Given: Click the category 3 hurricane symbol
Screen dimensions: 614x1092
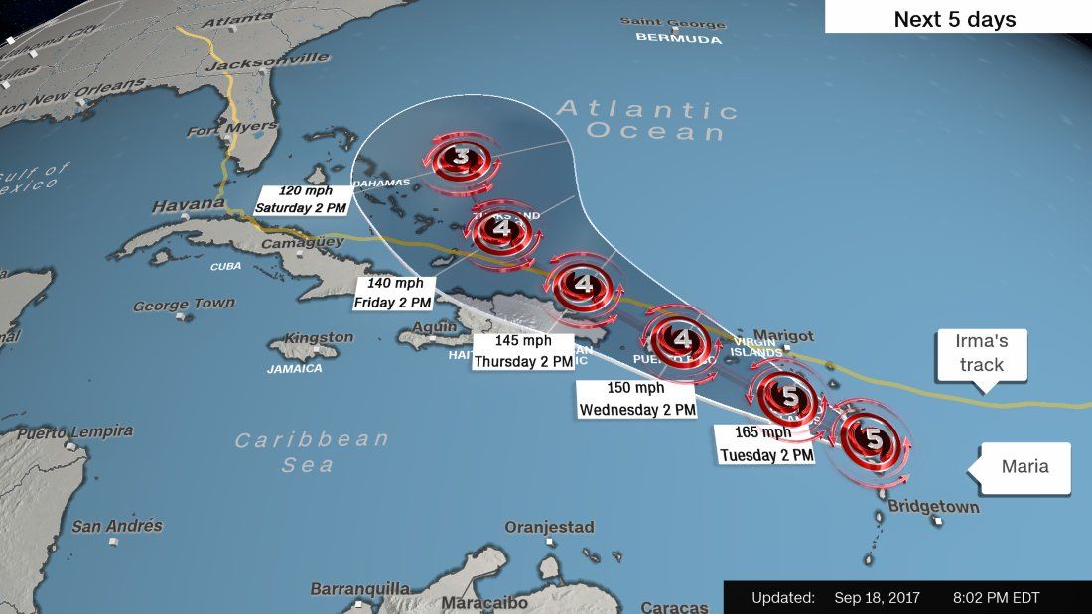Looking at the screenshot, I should (460, 158).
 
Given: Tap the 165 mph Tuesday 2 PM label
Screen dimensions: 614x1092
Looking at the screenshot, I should (764, 443).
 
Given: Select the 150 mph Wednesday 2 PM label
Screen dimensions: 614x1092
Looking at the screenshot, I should (636, 397).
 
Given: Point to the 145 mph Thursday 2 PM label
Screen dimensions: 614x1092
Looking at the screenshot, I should (523, 352).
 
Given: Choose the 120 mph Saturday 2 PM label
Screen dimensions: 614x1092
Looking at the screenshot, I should (301, 199).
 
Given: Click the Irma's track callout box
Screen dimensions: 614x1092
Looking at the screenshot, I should (980, 352).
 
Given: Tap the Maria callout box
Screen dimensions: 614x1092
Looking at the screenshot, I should (1024, 466).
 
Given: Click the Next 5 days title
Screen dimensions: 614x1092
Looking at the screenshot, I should (955, 19).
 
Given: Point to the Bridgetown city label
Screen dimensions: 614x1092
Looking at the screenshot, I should (933, 508).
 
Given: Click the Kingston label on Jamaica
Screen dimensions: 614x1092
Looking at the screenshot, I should (319, 337).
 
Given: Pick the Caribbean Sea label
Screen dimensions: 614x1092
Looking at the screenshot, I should (310, 451).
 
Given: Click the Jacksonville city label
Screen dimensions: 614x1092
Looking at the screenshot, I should (267, 61).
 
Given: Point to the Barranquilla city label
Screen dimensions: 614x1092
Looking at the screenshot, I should (359, 589).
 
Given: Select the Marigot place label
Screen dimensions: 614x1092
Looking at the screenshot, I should (783, 335).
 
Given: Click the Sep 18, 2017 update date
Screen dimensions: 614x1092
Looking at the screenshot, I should (877, 597).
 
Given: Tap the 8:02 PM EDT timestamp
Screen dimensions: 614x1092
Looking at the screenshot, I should (995, 597).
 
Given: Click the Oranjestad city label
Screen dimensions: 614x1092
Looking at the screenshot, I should (549, 527).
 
